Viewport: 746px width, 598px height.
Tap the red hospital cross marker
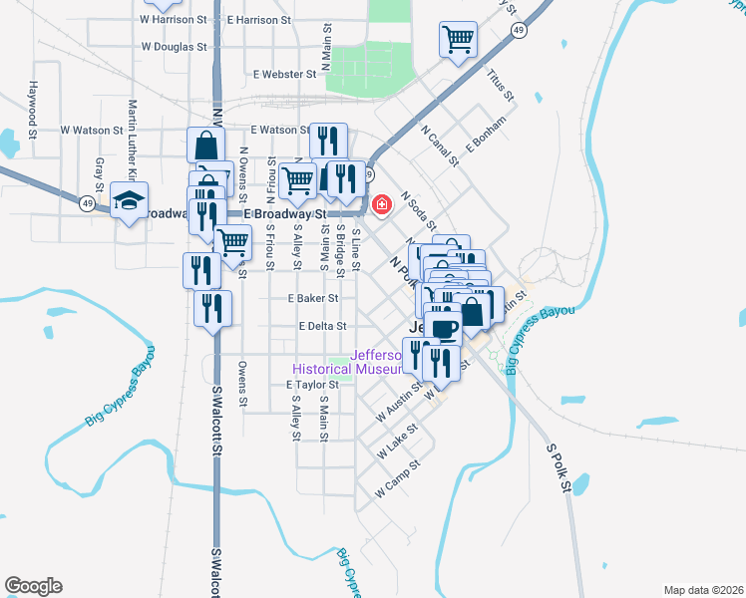tap(381, 205)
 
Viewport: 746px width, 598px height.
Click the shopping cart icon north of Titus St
tap(457, 40)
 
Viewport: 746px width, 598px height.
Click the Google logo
tap(33, 586)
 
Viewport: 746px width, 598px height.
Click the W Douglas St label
tap(174, 46)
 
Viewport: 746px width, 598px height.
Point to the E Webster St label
tap(284, 74)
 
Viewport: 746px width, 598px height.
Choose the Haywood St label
tap(33, 109)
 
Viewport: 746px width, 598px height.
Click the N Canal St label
tap(440, 146)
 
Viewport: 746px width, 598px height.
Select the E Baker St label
tap(313, 298)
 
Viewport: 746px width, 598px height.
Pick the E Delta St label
tap(321, 326)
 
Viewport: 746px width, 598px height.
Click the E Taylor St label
tap(313, 384)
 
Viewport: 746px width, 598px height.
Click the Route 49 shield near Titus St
tap(520, 31)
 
